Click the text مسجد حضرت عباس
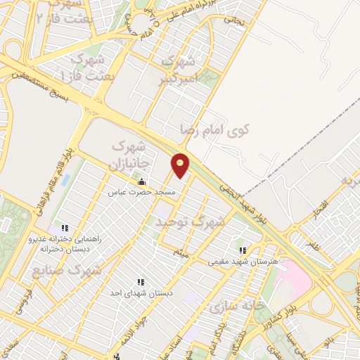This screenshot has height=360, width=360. point(146,191)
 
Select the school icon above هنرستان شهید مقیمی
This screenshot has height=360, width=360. point(243,250)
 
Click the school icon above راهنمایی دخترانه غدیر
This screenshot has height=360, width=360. point(65,228)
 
